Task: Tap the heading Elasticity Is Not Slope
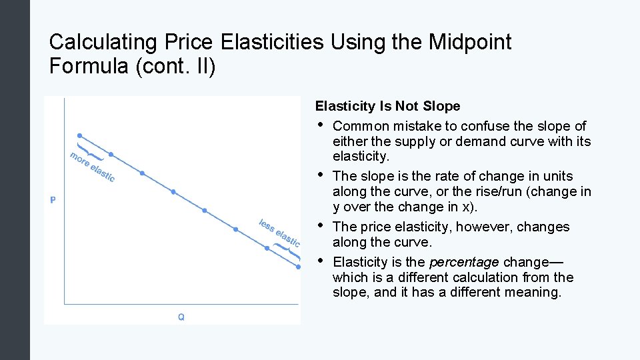click(387, 106)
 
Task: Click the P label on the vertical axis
click(53, 200)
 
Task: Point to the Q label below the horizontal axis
click(181, 317)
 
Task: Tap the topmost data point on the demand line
click(79, 135)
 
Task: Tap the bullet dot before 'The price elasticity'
click(320, 226)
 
